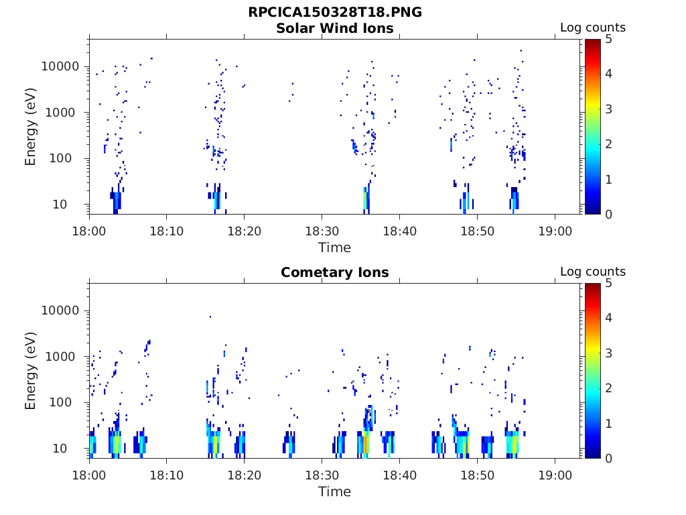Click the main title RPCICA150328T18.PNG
334,13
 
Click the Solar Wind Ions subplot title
334,28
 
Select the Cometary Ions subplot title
334,272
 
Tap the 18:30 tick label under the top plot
322,231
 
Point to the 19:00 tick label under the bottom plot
554,475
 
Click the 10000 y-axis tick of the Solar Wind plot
61,66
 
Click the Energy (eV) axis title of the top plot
31,127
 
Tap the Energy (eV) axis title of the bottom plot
31,371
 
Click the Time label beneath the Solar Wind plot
334,247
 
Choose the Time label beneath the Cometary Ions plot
334,492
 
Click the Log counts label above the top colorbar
592,28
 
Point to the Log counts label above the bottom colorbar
592,272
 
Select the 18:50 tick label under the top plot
476,231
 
